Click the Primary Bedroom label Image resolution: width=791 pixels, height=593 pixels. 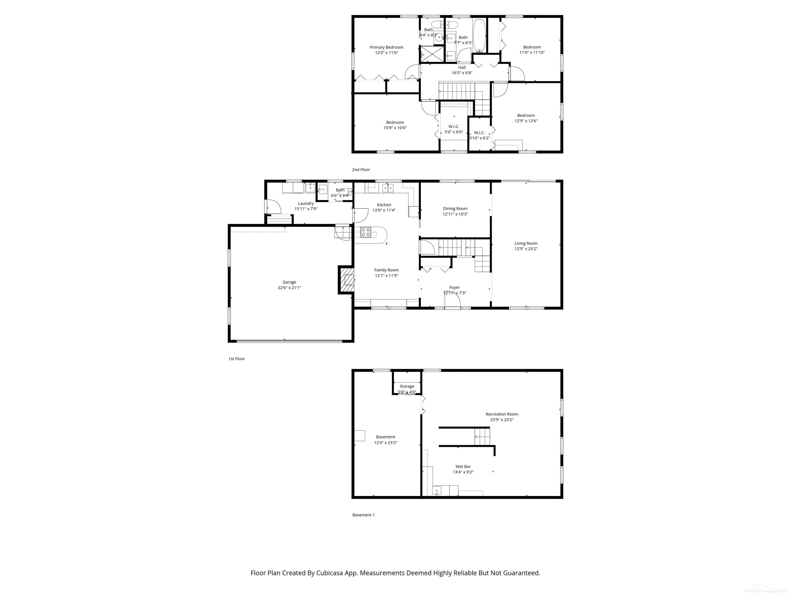[x=386, y=47]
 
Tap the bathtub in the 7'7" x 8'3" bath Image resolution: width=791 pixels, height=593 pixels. [x=479, y=36]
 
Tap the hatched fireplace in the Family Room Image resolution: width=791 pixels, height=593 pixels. [x=347, y=280]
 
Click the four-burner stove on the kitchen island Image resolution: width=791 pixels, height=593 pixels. [x=365, y=232]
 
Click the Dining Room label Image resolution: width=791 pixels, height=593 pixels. [x=455, y=209]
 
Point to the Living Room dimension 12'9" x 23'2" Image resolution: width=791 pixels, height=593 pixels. [x=526, y=249]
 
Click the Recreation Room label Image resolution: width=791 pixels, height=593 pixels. [x=501, y=414]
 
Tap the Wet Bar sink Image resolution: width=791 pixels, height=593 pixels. [x=437, y=491]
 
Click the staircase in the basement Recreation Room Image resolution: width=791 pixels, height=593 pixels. [x=482, y=437]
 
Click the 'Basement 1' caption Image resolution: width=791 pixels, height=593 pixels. [x=363, y=515]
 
